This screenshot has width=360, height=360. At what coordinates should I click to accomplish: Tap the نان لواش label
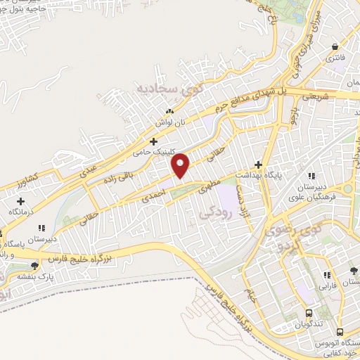click(x=169, y=122)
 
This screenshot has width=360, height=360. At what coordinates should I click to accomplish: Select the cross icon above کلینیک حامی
click(x=153, y=141)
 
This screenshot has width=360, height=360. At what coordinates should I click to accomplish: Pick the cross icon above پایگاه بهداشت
click(x=259, y=164)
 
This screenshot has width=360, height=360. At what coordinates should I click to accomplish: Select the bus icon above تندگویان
click(x=309, y=314)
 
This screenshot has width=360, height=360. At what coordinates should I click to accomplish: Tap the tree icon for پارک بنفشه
click(x=34, y=265)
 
